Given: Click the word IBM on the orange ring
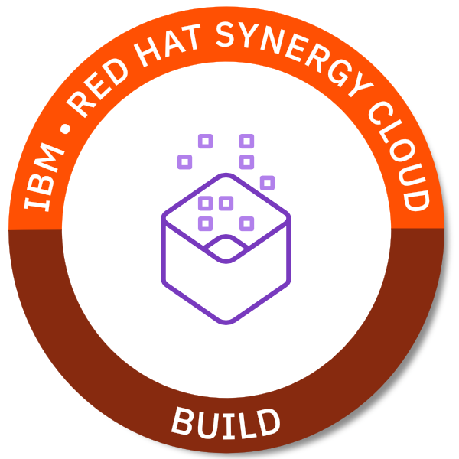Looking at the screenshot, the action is (44, 177).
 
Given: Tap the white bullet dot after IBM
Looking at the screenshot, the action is (66, 129).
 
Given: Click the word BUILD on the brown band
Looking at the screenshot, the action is (226, 423).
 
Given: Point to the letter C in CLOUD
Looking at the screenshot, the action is (380, 113).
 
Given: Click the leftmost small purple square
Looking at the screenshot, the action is (184, 162).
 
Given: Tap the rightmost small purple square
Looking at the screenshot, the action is (267, 183).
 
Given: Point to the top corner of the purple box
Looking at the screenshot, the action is (226, 175).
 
